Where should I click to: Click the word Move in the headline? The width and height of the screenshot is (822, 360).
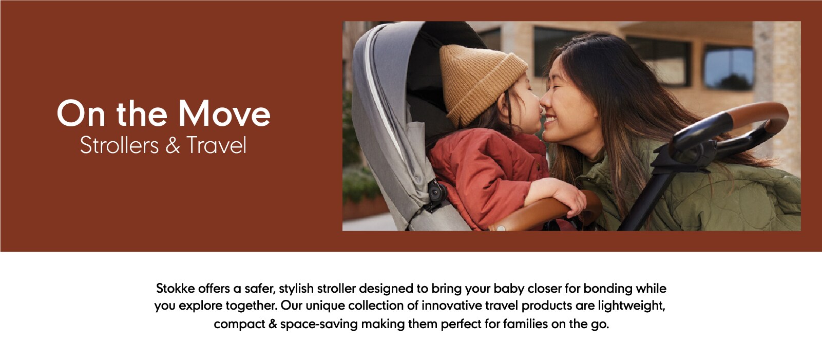coord(224,114)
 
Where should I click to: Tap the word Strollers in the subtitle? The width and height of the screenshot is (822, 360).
coord(119,145)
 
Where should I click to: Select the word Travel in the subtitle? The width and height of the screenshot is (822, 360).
coord(216,145)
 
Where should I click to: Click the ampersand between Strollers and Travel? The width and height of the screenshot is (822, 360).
coord(173,146)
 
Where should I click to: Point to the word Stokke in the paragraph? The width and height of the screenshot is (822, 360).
coord(175,289)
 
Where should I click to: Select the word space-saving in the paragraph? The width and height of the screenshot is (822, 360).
coord(318,325)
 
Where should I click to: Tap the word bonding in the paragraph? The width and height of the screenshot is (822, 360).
coord(608,289)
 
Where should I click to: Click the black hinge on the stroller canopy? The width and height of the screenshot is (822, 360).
coord(436,195)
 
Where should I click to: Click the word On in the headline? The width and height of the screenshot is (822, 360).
coord(81,114)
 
